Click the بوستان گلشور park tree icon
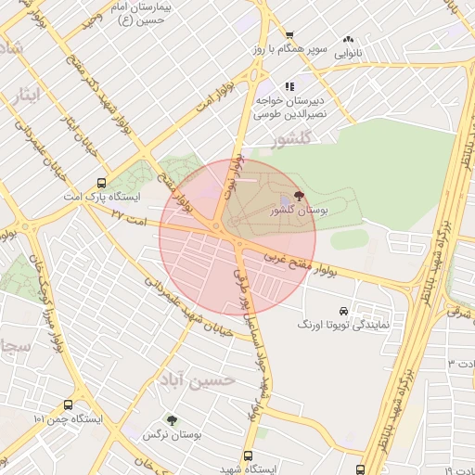click(298, 196)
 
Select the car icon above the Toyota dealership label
click(345, 310)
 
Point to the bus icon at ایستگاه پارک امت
click(101, 183)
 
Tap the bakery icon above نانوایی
click(349, 40)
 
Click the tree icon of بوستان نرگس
click(171, 420)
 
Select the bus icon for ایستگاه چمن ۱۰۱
click(68, 404)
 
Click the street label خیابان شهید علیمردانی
click(185, 307)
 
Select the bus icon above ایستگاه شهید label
click(247, 456)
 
